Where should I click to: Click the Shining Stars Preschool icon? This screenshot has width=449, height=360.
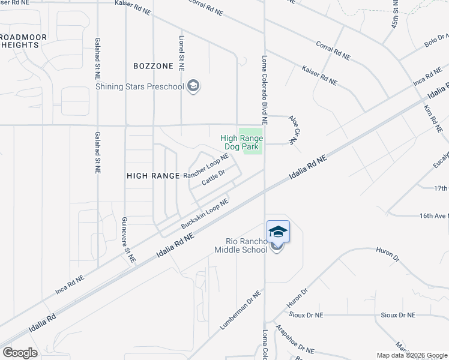click(x=193, y=87)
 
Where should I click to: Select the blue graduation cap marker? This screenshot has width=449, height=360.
click(x=278, y=232)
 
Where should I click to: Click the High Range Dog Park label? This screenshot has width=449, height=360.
click(x=242, y=142)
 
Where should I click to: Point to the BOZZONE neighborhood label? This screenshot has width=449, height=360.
click(x=154, y=65)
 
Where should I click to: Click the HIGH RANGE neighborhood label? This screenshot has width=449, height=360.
click(x=153, y=176)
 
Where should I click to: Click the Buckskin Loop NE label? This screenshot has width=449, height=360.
click(x=205, y=214)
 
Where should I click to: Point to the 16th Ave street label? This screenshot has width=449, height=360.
click(x=434, y=215)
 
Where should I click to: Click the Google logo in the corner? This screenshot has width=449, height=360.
click(x=20, y=352)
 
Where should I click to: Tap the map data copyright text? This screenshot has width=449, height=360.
click(x=412, y=355)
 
